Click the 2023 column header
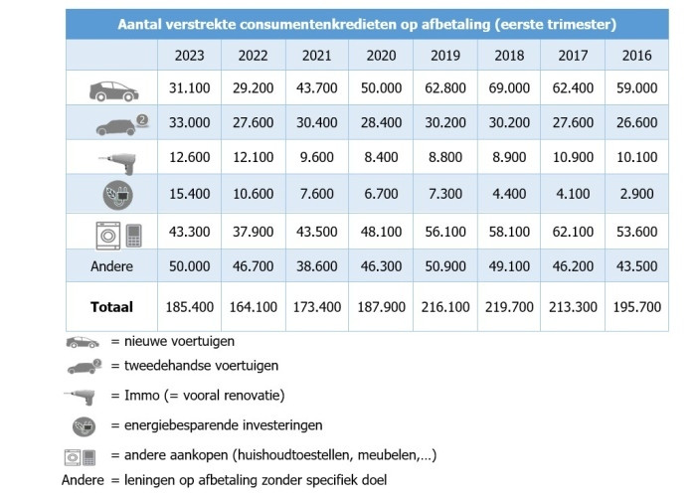[x=189, y=56]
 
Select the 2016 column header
[x=636, y=56]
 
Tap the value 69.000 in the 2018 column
[x=507, y=89]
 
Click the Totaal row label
[x=111, y=308]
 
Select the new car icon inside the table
[x=111, y=89]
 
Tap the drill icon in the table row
[x=111, y=157]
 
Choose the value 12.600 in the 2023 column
[x=189, y=157]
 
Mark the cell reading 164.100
[x=254, y=308]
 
